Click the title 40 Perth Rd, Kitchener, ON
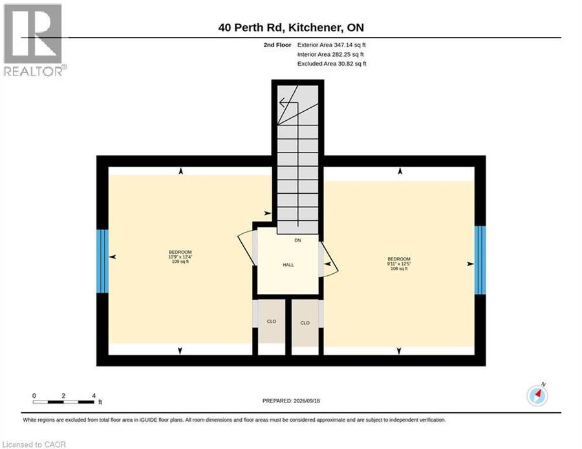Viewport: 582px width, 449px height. pos(291,27)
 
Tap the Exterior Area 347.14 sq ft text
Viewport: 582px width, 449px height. pos(332,45)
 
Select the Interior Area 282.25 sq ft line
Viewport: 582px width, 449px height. pos(330,54)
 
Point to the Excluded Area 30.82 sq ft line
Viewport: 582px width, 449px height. pos(332,64)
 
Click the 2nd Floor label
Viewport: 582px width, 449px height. pos(277,45)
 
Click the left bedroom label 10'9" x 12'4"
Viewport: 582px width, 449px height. pos(180,256)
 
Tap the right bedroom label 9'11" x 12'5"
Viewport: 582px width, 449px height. pos(399,264)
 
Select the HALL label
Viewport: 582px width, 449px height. pos(288,265)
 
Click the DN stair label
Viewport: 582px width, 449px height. pos(297,240)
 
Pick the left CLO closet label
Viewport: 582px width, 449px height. pos(272,322)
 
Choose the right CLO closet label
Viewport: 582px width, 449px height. pos(305,323)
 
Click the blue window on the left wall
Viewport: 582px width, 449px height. pos(102,261)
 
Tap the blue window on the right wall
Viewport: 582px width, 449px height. pos(480,260)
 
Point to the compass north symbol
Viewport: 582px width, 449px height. pos(537,395)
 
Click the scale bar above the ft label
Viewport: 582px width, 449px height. pos(63,402)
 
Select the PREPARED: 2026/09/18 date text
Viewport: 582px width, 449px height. pos(291,401)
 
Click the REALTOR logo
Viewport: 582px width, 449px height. pos(34,40)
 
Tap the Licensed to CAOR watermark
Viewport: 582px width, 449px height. pos(34,444)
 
